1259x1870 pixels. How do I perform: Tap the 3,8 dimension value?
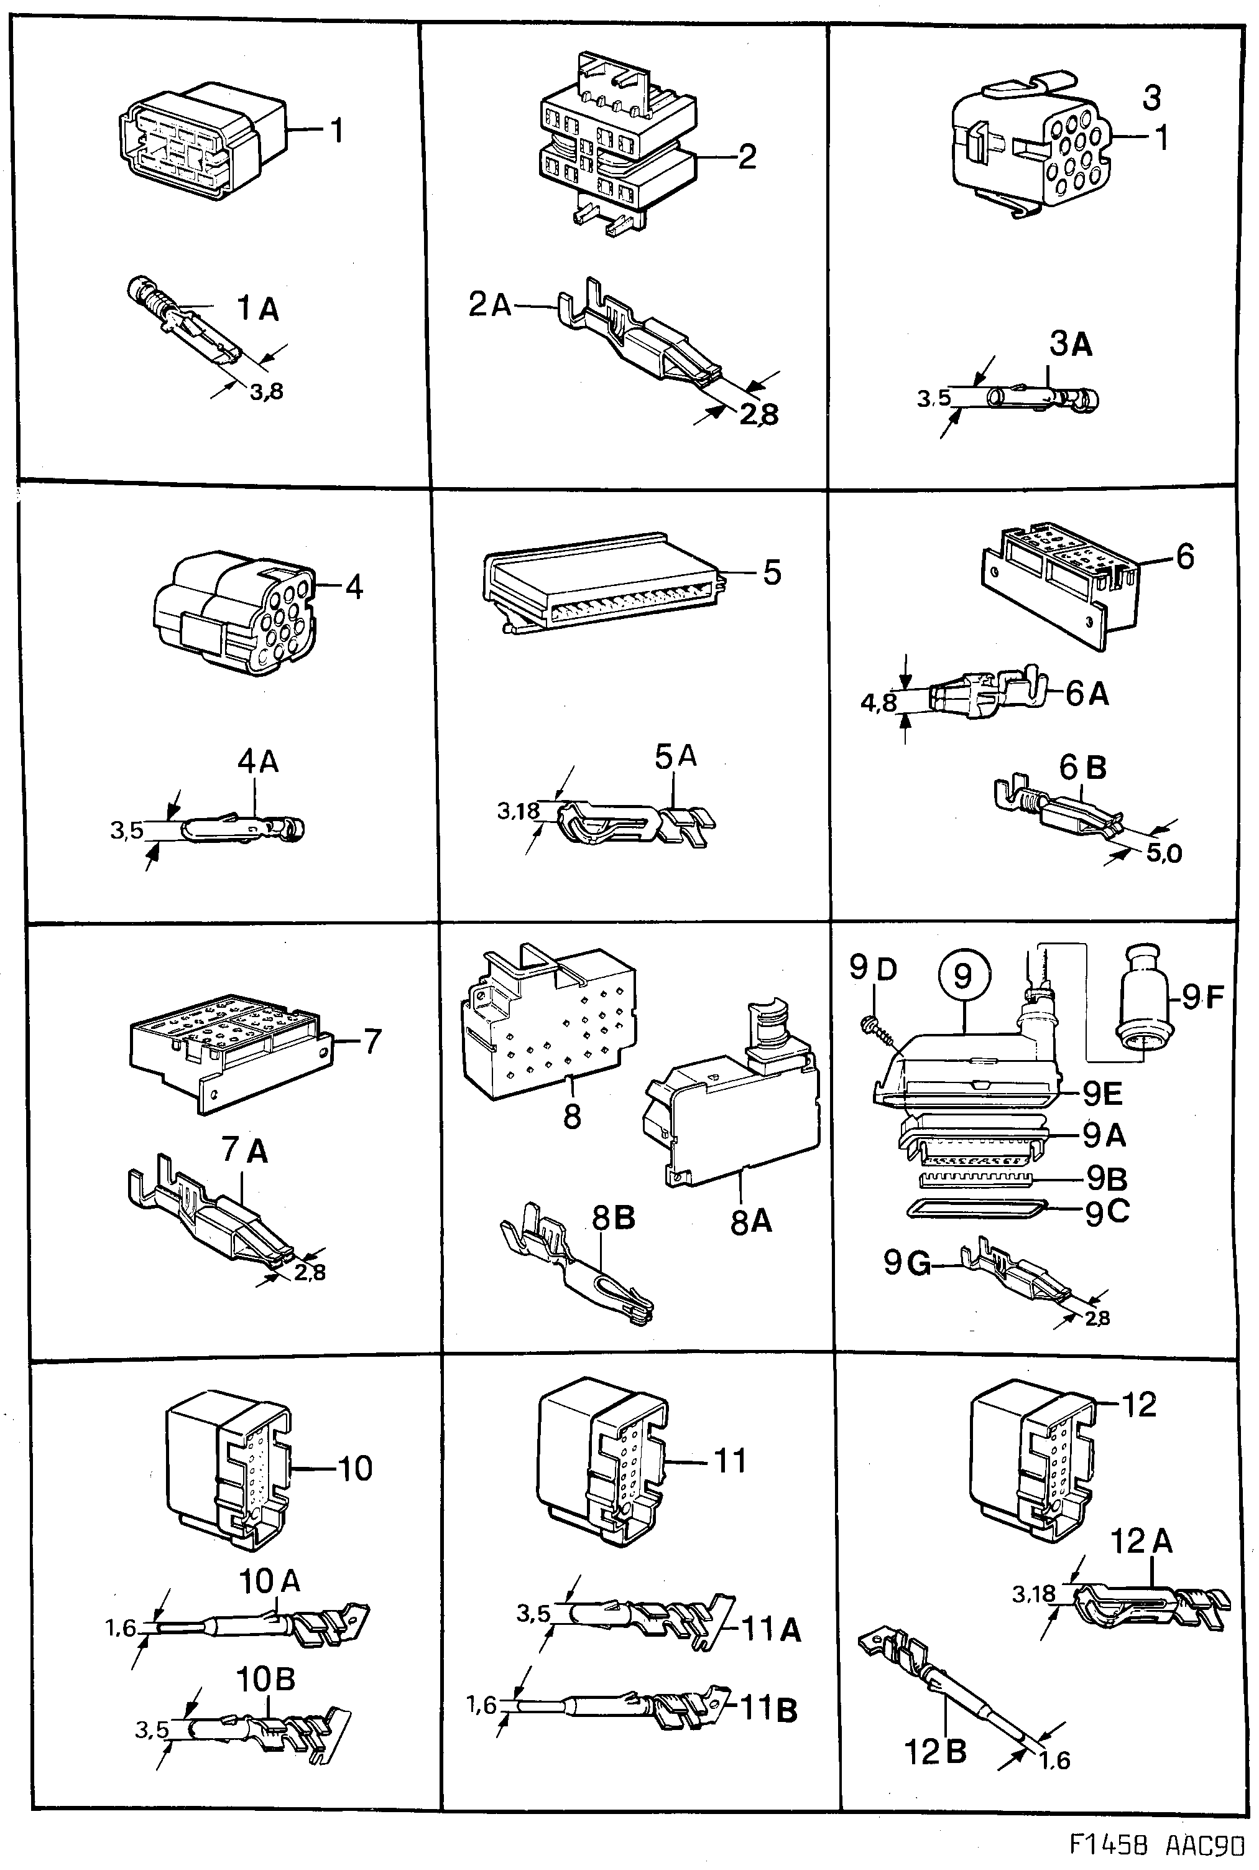(x=265, y=392)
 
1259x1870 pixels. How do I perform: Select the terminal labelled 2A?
(x=642, y=337)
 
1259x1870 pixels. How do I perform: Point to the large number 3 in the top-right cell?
(x=1151, y=98)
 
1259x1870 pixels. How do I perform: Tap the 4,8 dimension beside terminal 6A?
(x=878, y=703)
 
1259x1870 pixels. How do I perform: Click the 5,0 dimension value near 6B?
(x=1163, y=853)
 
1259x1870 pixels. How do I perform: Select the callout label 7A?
(x=245, y=1151)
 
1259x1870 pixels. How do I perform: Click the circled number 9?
(x=962, y=976)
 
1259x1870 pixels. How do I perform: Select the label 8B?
(x=614, y=1219)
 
